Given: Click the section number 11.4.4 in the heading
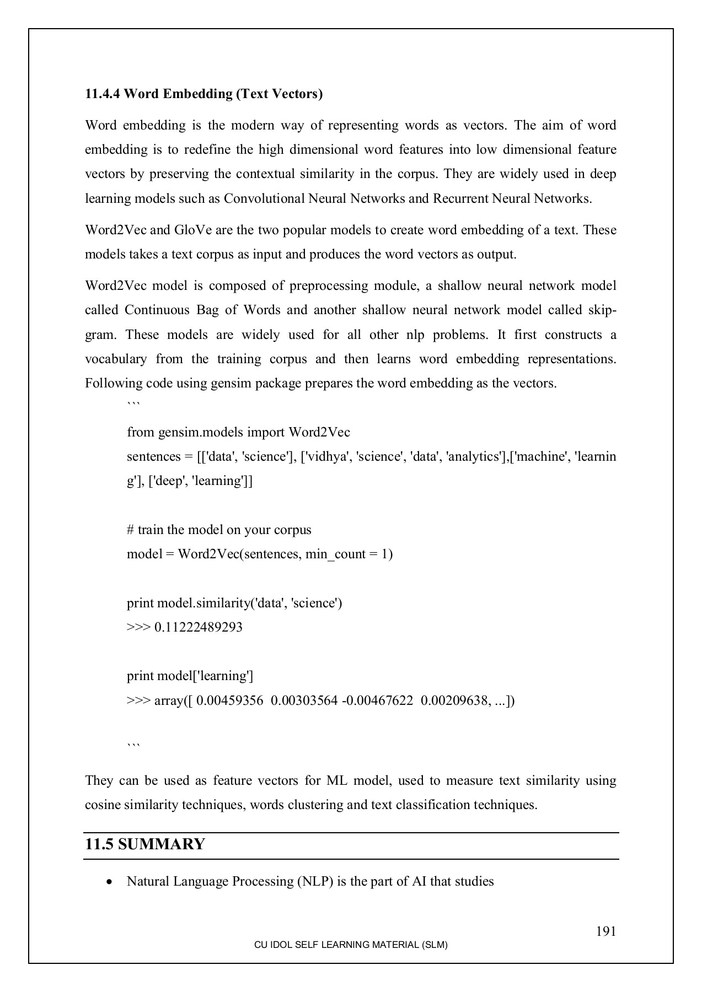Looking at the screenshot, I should (103, 94).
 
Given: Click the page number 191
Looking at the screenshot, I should (605, 931).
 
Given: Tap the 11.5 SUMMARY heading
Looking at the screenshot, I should (145, 844).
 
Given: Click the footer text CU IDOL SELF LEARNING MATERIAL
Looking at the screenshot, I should (351, 945).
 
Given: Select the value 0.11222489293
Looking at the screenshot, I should (199, 627).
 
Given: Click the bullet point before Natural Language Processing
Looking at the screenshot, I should (111, 882).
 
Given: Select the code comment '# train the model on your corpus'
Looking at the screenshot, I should (219, 530).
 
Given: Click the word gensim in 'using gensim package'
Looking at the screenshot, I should (229, 383).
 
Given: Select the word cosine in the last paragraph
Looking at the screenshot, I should (102, 805).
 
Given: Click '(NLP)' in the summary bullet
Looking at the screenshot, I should (315, 881).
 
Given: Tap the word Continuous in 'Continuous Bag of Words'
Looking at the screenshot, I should (157, 310).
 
